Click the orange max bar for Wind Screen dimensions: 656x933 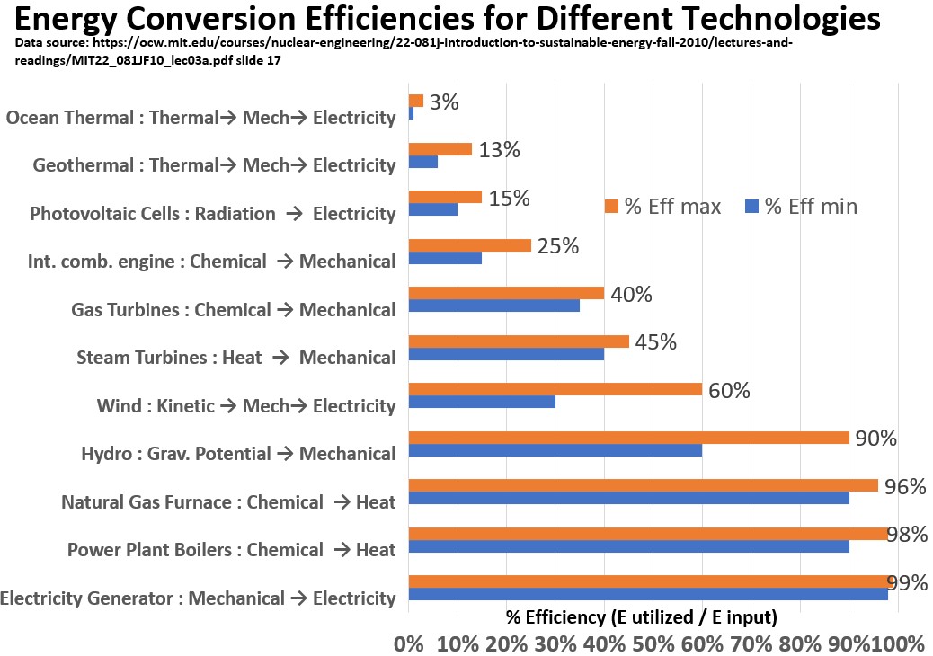[x=555, y=389]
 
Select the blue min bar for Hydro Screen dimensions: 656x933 [x=555, y=450]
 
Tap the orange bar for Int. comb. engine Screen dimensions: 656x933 [x=469, y=244]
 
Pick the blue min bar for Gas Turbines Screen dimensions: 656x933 [x=493, y=306]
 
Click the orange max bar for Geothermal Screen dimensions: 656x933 [x=440, y=149]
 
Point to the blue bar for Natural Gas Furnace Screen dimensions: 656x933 [x=628, y=498]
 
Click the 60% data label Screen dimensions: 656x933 [x=728, y=391]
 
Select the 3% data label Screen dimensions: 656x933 [x=444, y=102]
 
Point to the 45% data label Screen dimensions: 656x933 [x=655, y=342]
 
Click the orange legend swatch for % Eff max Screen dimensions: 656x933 [x=613, y=207]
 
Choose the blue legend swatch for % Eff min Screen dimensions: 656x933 [x=753, y=207]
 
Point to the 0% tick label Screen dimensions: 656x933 [x=409, y=643]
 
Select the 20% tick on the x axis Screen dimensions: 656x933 [x=507, y=643]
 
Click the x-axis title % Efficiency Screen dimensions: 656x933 [x=641, y=618]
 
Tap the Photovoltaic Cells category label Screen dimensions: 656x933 [x=212, y=214]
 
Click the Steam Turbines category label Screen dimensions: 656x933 [x=236, y=358]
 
